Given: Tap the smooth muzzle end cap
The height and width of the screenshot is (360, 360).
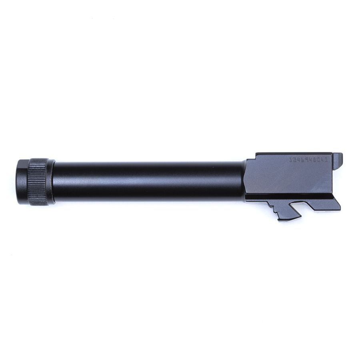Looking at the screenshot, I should click(22, 182).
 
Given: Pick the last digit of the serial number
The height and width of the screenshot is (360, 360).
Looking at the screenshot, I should click(326, 159).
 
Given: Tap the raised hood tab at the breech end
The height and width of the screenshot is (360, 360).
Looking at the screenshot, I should click(338, 158).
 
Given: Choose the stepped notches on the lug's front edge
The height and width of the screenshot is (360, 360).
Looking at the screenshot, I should click(274, 208).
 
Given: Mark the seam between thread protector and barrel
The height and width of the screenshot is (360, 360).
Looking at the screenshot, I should click(54, 182).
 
